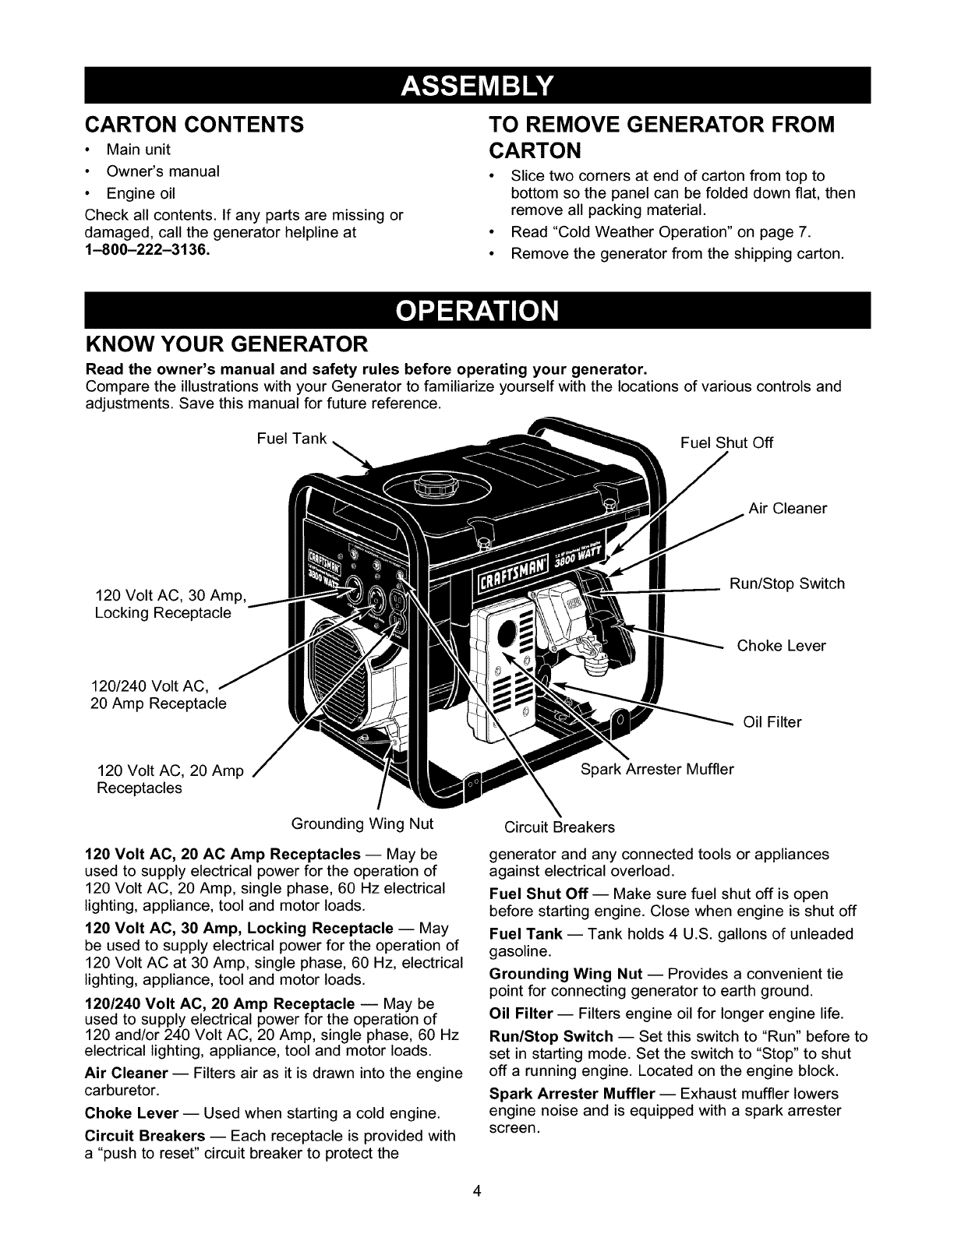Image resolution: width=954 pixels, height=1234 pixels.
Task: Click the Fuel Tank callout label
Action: click(x=291, y=438)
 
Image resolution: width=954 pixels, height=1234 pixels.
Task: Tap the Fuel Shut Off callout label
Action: click(x=726, y=443)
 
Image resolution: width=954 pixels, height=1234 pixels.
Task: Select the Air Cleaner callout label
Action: click(x=787, y=509)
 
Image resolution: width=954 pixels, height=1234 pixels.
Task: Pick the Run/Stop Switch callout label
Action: click(x=786, y=584)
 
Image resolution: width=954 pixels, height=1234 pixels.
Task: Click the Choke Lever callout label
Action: click(x=781, y=646)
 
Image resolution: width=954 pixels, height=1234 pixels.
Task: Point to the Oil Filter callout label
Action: click(x=772, y=722)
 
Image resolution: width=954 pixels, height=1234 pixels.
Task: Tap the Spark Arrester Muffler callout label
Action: click(x=658, y=770)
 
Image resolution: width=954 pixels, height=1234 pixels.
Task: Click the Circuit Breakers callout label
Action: click(x=560, y=827)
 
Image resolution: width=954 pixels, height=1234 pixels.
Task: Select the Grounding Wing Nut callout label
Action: click(x=362, y=823)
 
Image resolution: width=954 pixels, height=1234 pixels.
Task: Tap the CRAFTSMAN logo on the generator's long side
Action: click(x=514, y=578)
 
